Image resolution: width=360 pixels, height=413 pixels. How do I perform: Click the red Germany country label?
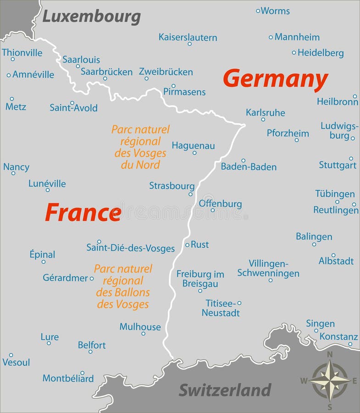pos(275,79)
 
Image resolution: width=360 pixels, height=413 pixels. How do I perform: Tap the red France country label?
pos(83,213)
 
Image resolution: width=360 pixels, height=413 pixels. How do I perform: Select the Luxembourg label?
pos(91,17)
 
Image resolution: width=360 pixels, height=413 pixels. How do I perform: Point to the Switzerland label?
pos(225,390)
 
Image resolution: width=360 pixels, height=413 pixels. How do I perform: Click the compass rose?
pos(329,380)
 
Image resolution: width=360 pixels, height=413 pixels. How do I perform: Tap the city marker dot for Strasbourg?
pos(190,194)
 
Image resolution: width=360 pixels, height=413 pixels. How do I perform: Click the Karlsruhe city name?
pos(265,112)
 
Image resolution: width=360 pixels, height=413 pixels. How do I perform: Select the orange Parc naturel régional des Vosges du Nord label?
pos(140,147)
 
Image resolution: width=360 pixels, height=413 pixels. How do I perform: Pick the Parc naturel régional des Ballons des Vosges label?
pos(123,286)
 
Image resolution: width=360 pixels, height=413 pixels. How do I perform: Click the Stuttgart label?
pos(338,165)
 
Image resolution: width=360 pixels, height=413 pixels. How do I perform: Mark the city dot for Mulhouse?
pos(143,334)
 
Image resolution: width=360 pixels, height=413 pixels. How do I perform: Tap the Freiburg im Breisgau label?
pos(200,279)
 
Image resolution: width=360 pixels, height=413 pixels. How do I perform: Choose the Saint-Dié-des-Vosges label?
pos(131,248)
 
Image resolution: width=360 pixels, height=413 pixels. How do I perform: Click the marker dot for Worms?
pos(258,10)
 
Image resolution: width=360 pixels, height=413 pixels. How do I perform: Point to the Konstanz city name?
pos(338,336)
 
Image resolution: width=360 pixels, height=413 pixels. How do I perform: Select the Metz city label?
pos(16,107)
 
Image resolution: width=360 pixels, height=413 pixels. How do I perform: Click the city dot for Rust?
pos(187,245)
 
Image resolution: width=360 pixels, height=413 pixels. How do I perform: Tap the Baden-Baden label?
pos(249,167)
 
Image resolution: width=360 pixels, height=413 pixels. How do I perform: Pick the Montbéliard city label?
pos(68,379)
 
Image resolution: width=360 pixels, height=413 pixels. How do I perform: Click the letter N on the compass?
pos(329,354)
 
